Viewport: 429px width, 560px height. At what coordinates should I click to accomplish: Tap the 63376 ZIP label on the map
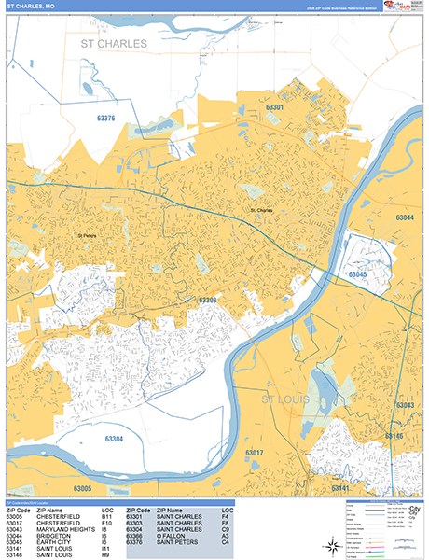click(x=105, y=119)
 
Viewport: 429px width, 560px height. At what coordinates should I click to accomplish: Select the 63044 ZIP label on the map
click(x=405, y=217)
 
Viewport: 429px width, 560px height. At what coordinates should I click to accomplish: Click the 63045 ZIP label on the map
click(x=357, y=275)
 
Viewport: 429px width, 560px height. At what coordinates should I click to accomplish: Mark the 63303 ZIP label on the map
click(x=207, y=301)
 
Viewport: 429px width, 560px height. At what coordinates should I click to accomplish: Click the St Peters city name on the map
click(x=86, y=235)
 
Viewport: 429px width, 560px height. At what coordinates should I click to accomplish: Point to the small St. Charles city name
click(x=262, y=211)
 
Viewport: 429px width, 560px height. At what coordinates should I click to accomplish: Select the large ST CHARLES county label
click(x=114, y=44)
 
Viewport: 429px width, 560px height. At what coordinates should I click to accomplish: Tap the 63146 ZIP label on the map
click(x=394, y=436)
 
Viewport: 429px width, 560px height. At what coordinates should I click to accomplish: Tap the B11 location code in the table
click(x=106, y=514)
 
